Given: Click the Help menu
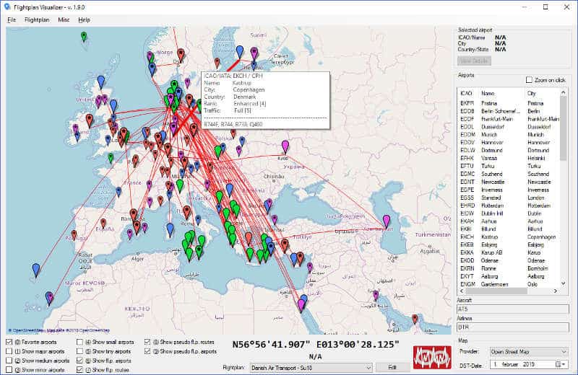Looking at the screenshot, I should pos(85,19).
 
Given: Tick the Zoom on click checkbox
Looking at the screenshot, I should pos(530,80).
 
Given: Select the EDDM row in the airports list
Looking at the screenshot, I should pos(467,134).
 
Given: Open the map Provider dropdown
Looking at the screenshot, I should pos(529,351).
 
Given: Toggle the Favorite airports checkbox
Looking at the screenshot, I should pos(9,342).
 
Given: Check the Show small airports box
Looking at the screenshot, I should pos(79,342).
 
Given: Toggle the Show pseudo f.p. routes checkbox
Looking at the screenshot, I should pos(147,342).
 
